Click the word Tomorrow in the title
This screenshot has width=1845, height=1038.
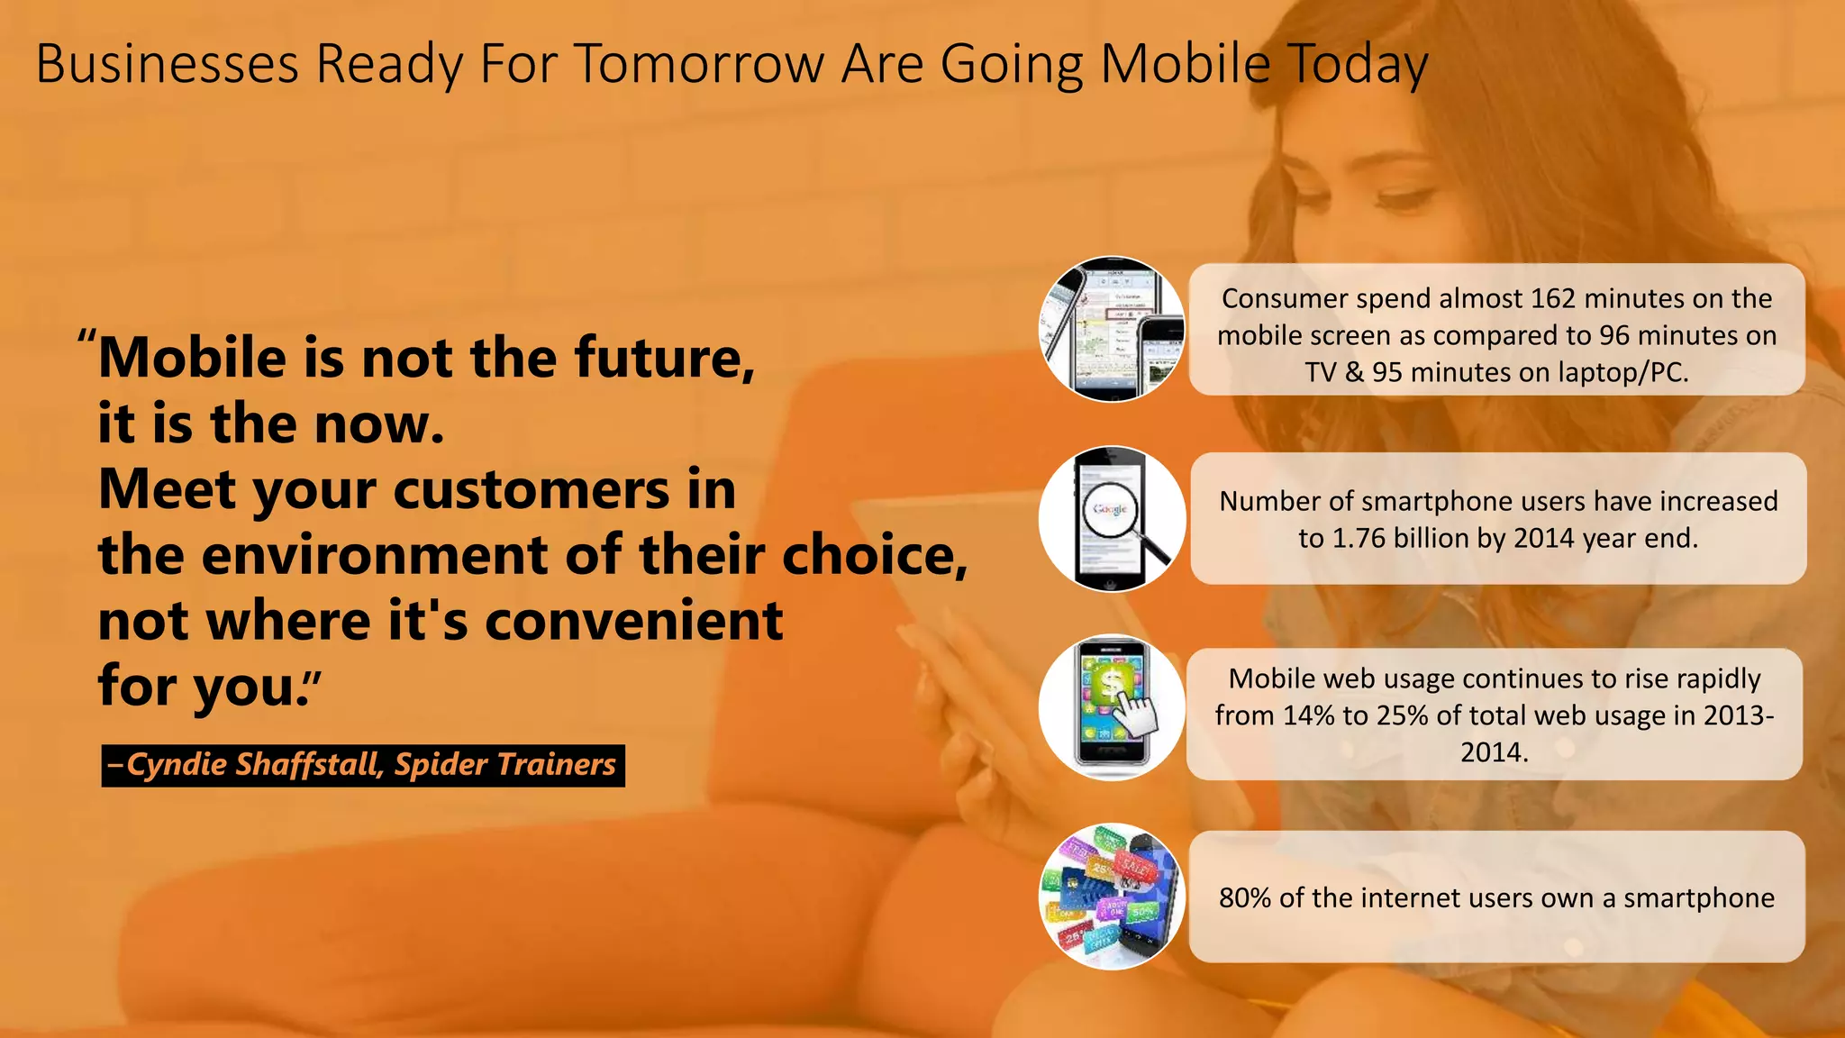tap(699, 65)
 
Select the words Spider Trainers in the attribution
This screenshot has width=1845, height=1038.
tap(504, 765)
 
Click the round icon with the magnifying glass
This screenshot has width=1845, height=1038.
tap(1112, 519)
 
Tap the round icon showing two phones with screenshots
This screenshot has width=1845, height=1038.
tap(1112, 330)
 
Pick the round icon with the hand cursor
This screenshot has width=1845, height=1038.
tap(1112, 708)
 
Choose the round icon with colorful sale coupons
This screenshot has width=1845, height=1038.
tap(1112, 897)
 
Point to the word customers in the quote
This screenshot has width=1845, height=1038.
tap(531, 490)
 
